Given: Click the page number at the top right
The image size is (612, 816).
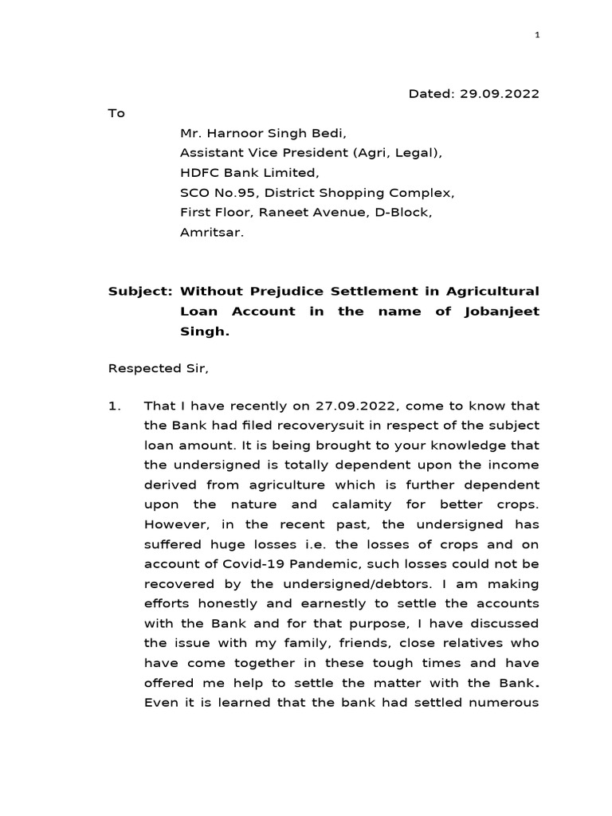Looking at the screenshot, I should pyautogui.click(x=537, y=35).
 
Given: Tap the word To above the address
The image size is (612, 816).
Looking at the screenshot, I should pyautogui.click(x=116, y=113).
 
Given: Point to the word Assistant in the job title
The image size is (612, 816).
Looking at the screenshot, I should pyautogui.click(x=210, y=153).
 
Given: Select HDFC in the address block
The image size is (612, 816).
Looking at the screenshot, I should pyautogui.click(x=198, y=173).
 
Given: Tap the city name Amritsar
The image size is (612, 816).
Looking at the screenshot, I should pyautogui.click(x=209, y=233).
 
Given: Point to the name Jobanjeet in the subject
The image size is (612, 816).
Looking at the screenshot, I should pyautogui.click(x=500, y=311).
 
